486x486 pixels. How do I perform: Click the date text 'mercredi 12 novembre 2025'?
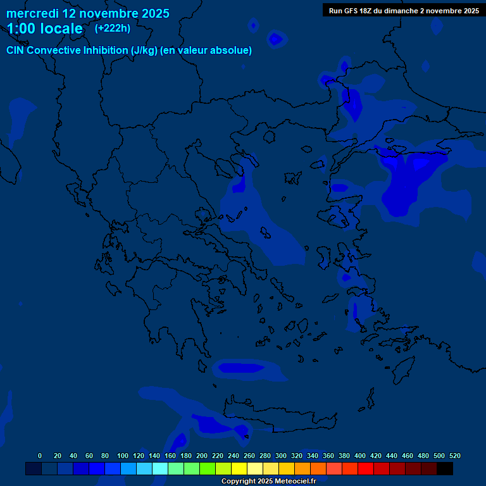tap(88, 13)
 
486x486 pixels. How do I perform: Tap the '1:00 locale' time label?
tap(45, 28)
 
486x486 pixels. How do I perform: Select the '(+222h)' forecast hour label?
tap(113, 28)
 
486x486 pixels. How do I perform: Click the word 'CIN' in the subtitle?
tap(16, 51)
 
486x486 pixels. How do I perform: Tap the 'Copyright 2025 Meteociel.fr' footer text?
tap(268, 482)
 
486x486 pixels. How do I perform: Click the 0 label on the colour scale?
tap(40, 456)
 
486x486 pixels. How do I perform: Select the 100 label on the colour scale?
tap(123, 456)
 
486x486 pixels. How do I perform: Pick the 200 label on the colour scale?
tap(202, 456)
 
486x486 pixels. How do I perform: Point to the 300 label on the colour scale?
tap(281, 456)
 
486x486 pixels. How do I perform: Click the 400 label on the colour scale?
tap(360, 456)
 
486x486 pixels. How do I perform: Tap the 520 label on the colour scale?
tap(455, 456)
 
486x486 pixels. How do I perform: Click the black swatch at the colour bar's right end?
tap(445, 469)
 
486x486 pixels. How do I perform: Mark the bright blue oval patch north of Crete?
tap(240, 368)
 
